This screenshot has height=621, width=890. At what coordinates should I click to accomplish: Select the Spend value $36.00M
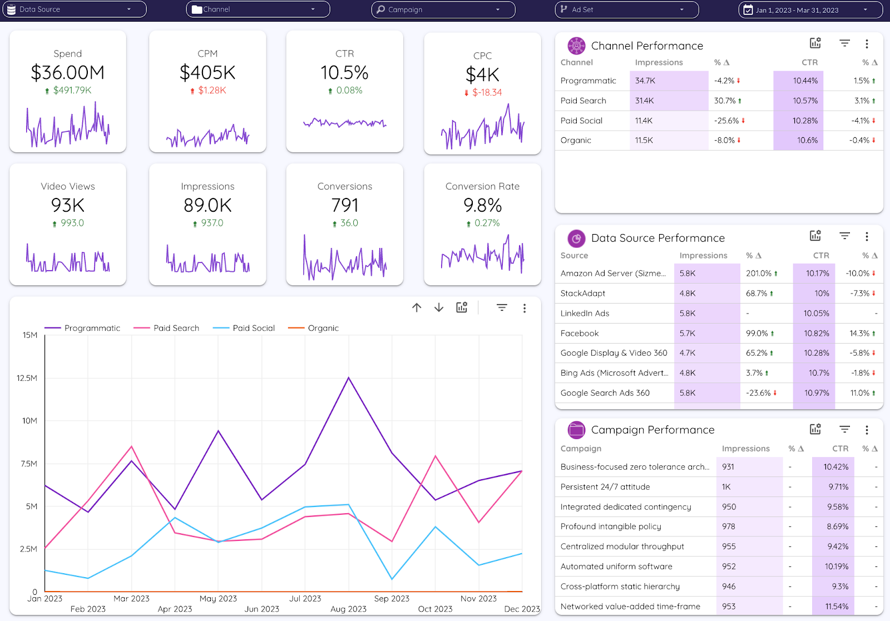68,73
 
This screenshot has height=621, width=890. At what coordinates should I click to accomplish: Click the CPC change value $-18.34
487,92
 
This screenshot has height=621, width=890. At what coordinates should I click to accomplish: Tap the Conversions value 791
345,206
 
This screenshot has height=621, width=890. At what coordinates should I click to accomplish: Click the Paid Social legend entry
254,328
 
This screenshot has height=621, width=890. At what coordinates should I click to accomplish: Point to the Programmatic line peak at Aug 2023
349,378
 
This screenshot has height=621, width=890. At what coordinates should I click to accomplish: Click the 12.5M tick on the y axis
27,378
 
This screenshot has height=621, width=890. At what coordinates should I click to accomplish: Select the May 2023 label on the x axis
218,599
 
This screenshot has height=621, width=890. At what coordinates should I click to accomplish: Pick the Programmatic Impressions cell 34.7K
645,81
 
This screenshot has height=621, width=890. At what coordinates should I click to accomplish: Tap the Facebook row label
580,334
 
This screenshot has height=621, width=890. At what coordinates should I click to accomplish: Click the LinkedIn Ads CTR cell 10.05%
816,314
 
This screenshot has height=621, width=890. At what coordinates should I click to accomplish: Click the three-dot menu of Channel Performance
867,44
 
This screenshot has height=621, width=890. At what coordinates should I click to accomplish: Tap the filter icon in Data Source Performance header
844,236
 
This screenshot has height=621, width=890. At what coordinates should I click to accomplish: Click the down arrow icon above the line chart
439,307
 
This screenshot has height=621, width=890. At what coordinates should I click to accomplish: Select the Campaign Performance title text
652,430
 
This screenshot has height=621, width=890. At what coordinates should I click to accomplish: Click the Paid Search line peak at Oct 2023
436,456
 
